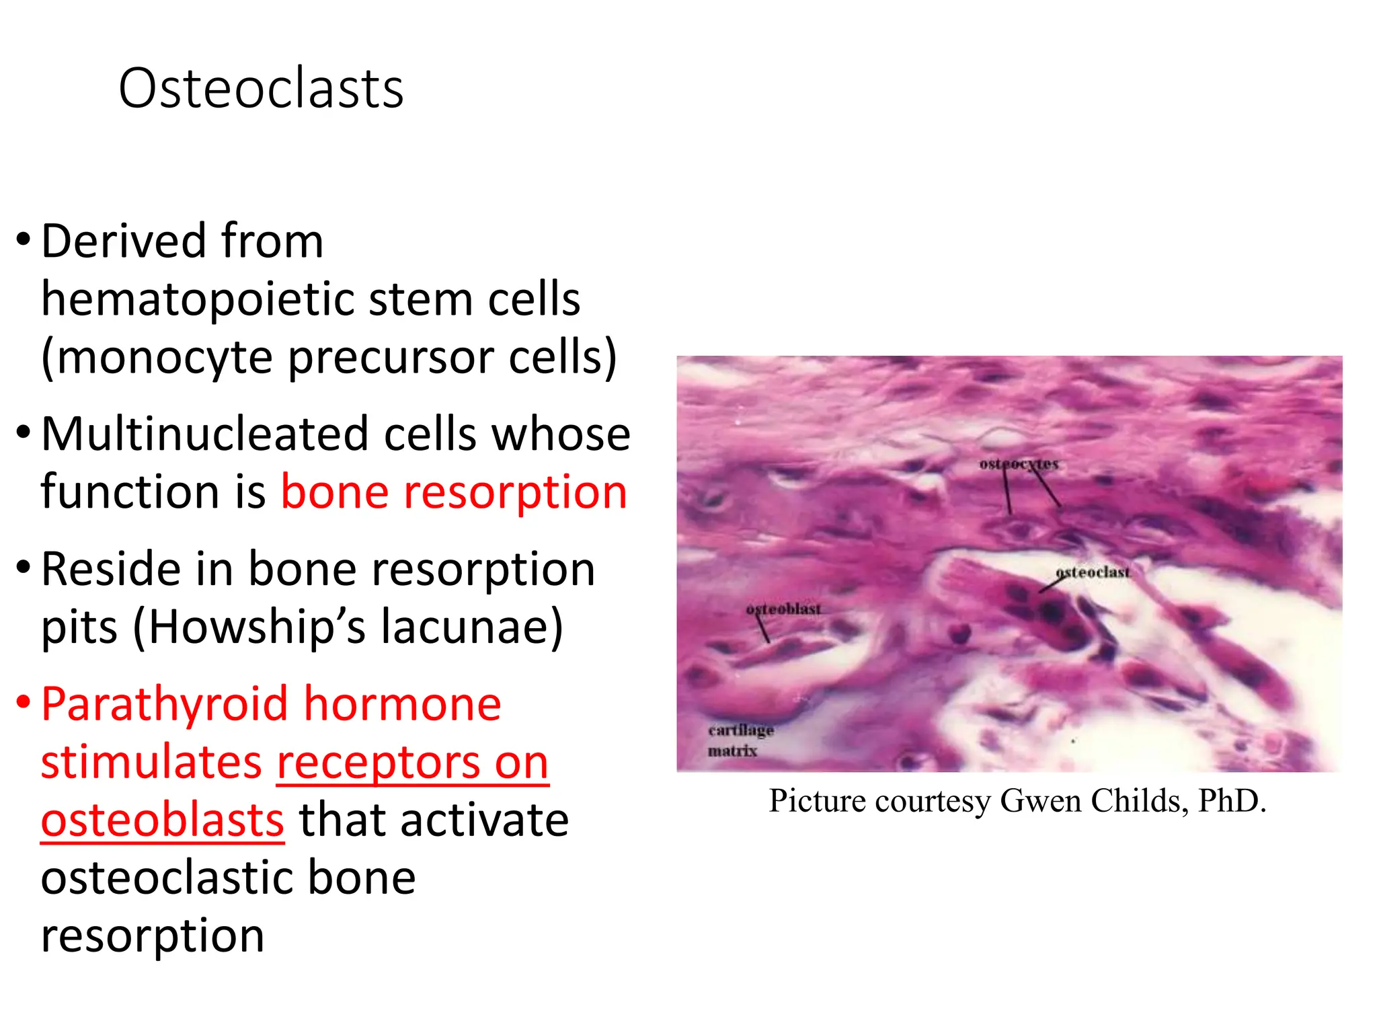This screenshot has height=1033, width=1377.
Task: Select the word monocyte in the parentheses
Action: pyautogui.click(x=165, y=357)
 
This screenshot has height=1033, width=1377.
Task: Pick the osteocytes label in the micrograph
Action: pyautogui.click(x=1018, y=464)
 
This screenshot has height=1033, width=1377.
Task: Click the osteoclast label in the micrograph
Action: pyautogui.click(x=1093, y=572)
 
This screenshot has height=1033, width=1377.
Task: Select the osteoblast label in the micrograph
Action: pyautogui.click(x=783, y=609)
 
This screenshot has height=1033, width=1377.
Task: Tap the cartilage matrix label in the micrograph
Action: pyautogui.click(x=740, y=740)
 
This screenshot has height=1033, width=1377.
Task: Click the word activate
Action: pyautogui.click(x=434, y=820)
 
